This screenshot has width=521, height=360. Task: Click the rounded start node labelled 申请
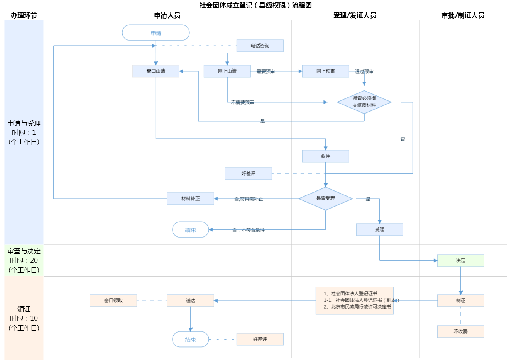[156, 33]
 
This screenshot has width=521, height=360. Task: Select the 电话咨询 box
[260, 46]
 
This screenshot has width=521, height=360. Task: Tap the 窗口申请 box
[156, 71]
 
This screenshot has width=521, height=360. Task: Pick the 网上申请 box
[227, 71]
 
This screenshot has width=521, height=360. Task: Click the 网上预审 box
[325, 71]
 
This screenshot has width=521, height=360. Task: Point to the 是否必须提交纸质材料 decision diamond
[364, 102]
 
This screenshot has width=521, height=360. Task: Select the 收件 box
[325, 156]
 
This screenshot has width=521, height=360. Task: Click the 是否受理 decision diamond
[325, 199]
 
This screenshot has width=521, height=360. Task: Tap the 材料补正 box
[190, 199]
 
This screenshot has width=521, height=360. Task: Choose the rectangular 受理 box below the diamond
[379, 229]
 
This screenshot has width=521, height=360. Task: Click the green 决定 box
[460, 260]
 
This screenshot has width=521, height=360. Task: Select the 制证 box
[460, 301]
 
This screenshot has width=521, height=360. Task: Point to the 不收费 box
[460, 331]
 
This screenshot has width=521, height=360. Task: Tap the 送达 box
[190, 301]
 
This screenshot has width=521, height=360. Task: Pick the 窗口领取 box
[113, 301]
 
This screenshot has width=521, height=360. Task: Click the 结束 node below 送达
[190, 340]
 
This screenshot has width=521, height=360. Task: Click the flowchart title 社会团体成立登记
[255, 5]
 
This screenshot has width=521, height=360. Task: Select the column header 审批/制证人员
[463, 15]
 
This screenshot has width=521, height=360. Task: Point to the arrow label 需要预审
[266, 71]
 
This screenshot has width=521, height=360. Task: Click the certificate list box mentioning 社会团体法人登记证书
[354, 301]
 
